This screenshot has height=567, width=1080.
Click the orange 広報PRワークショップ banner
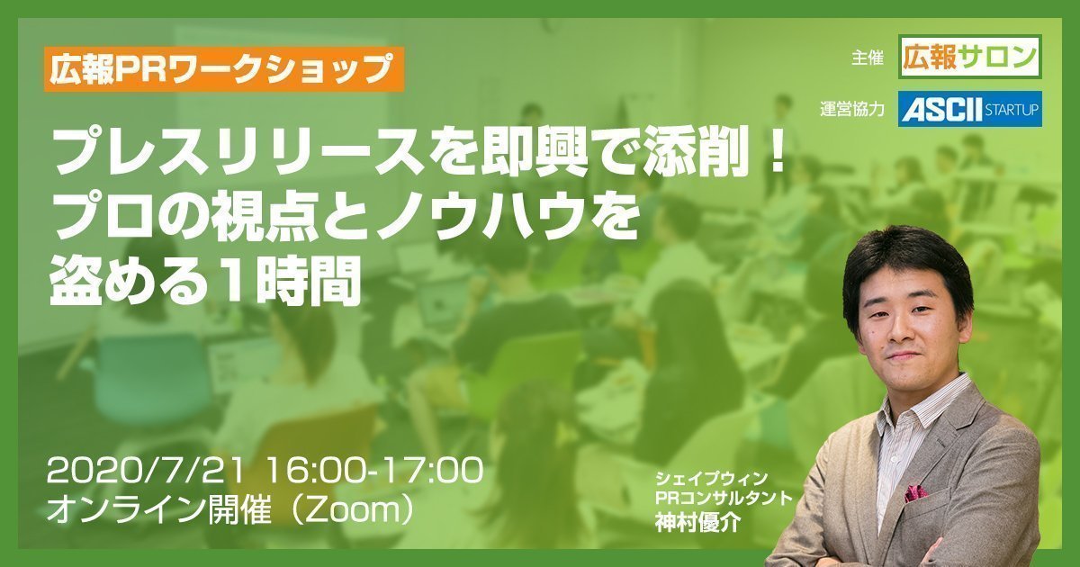point(224,69)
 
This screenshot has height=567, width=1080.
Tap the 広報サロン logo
point(970,57)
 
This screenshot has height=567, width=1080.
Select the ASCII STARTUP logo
point(970,110)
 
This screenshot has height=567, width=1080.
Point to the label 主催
point(868,58)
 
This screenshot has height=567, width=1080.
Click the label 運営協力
point(852,110)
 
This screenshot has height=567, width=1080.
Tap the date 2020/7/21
point(145,471)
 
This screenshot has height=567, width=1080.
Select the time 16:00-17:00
point(374,471)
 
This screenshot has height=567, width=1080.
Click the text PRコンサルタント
point(724,498)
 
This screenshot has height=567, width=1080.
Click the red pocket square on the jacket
point(915,493)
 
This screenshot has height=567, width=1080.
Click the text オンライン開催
point(159,510)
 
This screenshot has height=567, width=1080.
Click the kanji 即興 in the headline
point(520,154)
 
